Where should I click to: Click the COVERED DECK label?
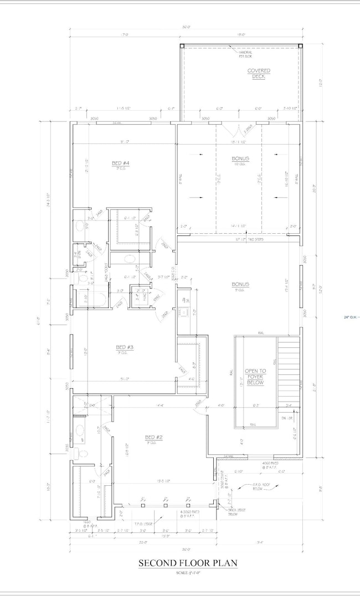click(258, 74)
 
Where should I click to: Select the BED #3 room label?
click(125, 348)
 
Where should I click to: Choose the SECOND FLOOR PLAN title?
click(188, 563)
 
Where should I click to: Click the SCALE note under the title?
click(188, 573)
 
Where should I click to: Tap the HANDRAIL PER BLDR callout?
click(246, 53)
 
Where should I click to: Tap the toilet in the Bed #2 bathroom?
click(81, 453)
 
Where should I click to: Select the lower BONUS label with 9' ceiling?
click(240, 285)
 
